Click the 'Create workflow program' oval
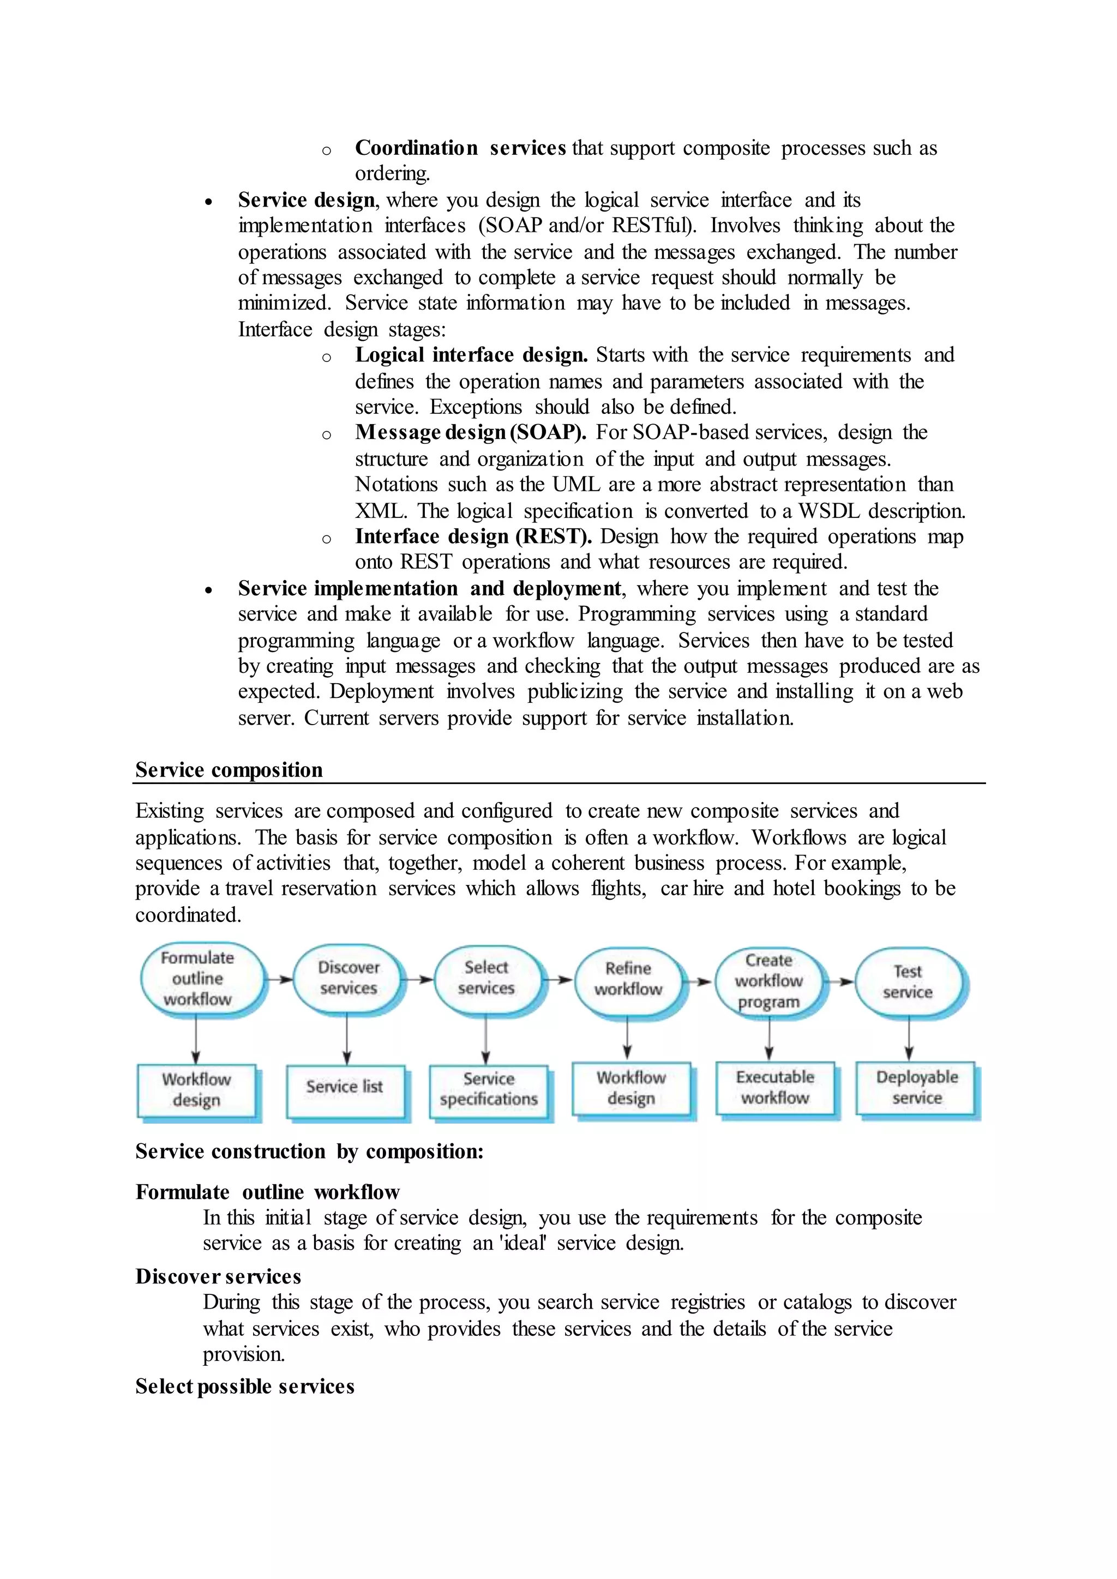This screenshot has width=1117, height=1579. point(768,980)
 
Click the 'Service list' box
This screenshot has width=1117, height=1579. point(345,1087)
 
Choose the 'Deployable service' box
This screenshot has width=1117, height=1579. point(916,1087)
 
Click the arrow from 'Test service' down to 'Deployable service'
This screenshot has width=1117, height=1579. point(909,1039)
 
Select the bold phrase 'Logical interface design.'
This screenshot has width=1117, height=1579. point(471,355)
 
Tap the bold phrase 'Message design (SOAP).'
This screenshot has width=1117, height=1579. point(471,432)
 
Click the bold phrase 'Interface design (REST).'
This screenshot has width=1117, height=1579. point(473,537)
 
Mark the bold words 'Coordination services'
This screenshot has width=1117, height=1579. point(460,148)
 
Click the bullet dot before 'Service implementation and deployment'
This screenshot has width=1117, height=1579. point(208,590)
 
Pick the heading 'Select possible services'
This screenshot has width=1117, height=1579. point(245,1387)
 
